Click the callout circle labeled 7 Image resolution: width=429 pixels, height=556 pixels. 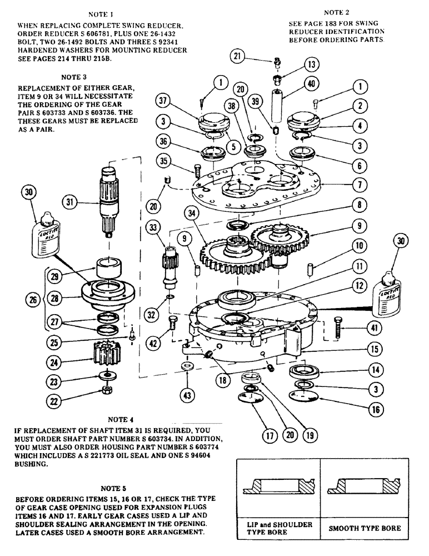tap(361, 183)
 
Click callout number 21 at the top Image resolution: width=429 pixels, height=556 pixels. tap(238, 56)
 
